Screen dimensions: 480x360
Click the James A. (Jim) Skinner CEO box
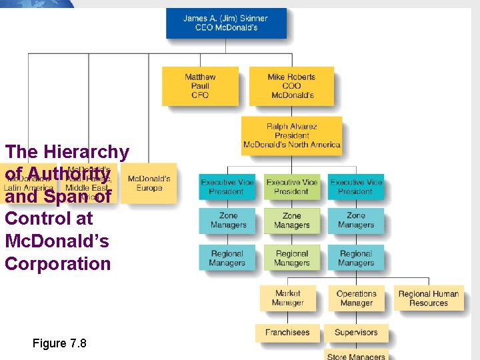(x=226, y=23)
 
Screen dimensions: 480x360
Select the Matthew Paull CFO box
(x=200, y=86)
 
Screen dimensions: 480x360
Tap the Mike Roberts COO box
(x=291, y=86)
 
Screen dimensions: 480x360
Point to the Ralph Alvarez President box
(x=292, y=135)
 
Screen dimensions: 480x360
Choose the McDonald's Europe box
(x=149, y=183)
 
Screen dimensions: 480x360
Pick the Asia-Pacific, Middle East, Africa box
(x=88, y=183)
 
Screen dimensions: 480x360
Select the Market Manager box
(x=287, y=298)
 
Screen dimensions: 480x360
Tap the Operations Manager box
(x=356, y=298)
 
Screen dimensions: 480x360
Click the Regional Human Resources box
(x=429, y=298)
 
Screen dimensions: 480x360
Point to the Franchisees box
(x=287, y=332)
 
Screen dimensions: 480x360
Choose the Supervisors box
(x=356, y=332)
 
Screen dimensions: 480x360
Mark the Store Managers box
(x=356, y=355)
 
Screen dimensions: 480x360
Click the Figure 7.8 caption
(x=59, y=343)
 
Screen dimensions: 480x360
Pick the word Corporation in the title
(x=58, y=263)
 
